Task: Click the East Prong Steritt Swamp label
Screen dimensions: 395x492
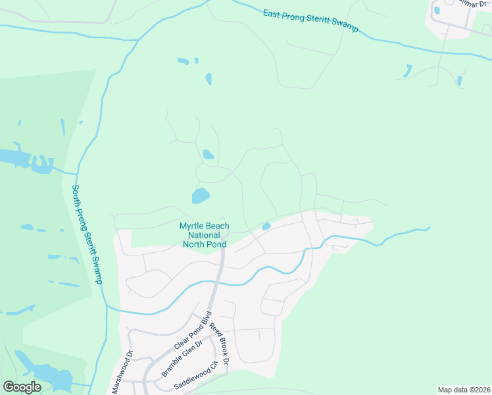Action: click(310, 19)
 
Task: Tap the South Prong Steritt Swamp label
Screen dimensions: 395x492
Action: click(87, 233)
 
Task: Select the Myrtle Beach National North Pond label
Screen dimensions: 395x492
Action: click(205, 235)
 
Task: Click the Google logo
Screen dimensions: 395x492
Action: click(22, 387)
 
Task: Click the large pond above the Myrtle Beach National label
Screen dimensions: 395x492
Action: click(200, 196)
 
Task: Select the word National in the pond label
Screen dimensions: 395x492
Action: click(205, 235)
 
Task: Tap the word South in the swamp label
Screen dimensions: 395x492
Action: click(76, 196)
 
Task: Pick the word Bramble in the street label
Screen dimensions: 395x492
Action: click(171, 365)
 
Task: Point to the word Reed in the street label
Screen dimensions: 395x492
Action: click(213, 330)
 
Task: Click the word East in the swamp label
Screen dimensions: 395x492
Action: click(272, 13)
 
